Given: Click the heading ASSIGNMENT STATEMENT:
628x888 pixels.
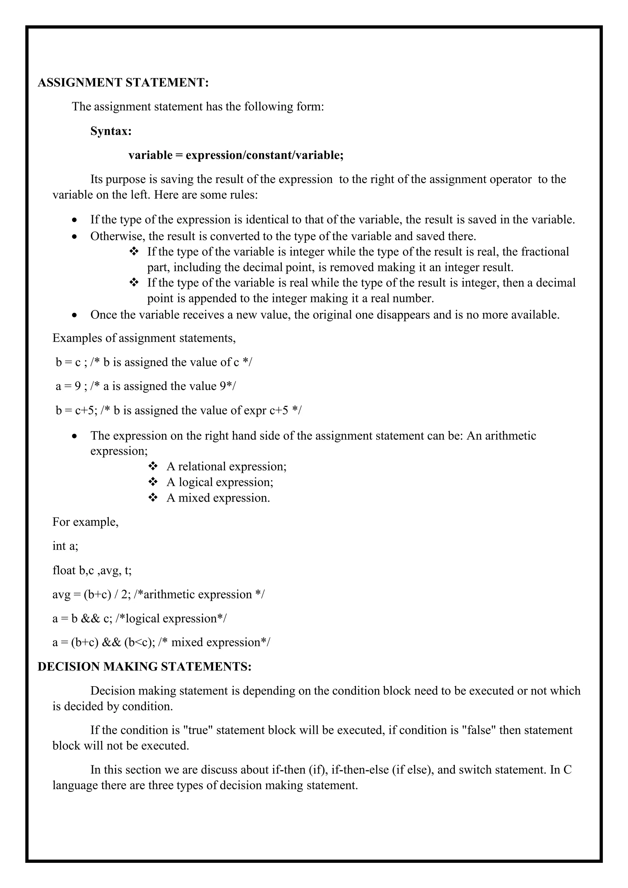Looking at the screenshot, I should point(123,82).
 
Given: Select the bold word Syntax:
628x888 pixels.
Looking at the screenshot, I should point(111,131).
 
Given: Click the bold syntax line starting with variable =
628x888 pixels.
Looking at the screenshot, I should point(236,155).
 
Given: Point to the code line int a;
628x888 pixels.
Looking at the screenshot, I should point(65,546).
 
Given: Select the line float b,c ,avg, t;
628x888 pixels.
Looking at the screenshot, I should point(92,570).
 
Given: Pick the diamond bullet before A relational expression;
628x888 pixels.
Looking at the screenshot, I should point(153,466).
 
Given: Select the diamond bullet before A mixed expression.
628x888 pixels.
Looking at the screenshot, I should point(153,497).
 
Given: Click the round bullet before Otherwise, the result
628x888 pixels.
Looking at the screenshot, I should point(75,236).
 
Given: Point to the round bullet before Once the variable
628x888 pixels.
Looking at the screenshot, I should point(75,315).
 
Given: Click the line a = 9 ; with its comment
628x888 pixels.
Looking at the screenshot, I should point(145,386).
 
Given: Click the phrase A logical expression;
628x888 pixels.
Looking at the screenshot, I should point(220,482).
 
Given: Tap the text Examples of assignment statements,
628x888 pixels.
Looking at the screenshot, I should point(144,338).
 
